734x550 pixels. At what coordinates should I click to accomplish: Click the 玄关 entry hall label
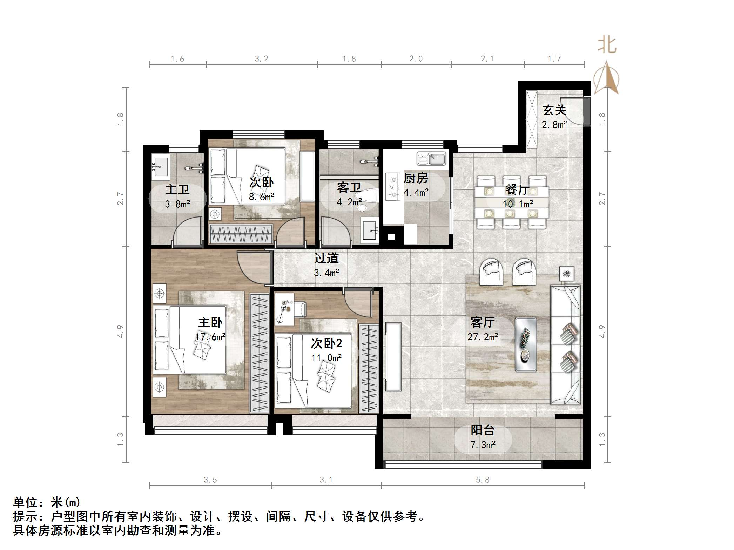coord(554,110)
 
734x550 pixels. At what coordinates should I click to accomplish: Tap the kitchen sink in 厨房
coord(431,159)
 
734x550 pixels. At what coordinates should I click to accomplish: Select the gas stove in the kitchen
coord(393,187)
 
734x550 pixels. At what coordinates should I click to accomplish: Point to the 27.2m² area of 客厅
coord(483,337)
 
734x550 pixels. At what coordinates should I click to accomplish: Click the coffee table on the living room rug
coord(525,344)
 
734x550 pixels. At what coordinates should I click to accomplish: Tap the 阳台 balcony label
coord(483,430)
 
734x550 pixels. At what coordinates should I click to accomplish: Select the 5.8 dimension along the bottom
coord(483,480)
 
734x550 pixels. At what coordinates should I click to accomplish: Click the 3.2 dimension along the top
coord(261,59)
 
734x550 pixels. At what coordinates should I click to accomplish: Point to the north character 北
coord(607,46)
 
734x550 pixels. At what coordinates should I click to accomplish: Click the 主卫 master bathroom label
coord(177,190)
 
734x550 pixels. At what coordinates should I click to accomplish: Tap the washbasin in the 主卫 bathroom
coord(161,167)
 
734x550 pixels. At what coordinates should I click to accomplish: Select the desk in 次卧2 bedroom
coord(285,309)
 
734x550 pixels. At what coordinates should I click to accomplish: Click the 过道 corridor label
coord(326,259)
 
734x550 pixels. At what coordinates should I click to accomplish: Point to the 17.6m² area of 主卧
coord(210,337)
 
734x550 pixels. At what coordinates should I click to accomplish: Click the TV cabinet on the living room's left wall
coord(393,356)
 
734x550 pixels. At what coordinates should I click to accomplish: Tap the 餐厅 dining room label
coord(517,190)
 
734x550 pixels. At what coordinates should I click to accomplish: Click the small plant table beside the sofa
coord(566,274)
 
